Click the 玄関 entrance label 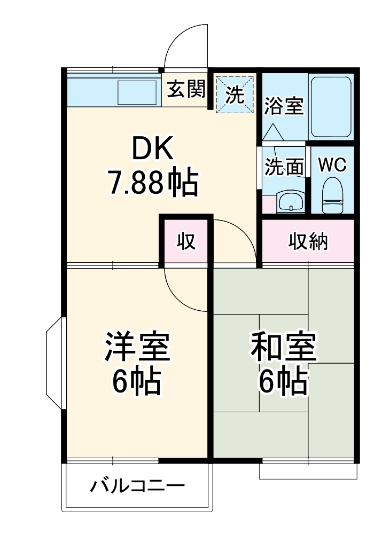click(x=185, y=89)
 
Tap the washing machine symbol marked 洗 click(x=235, y=95)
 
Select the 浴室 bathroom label click(x=284, y=106)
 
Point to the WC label click(x=332, y=165)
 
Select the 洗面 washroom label click(x=284, y=167)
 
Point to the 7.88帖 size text click(x=153, y=183)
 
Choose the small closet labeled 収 click(x=186, y=241)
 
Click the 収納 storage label click(x=308, y=241)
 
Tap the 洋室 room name click(x=137, y=347)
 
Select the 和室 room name click(x=284, y=347)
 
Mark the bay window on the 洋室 click(x=55, y=364)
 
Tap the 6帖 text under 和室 click(x=284, y=380)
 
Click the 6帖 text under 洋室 click(x=137, y=380)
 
